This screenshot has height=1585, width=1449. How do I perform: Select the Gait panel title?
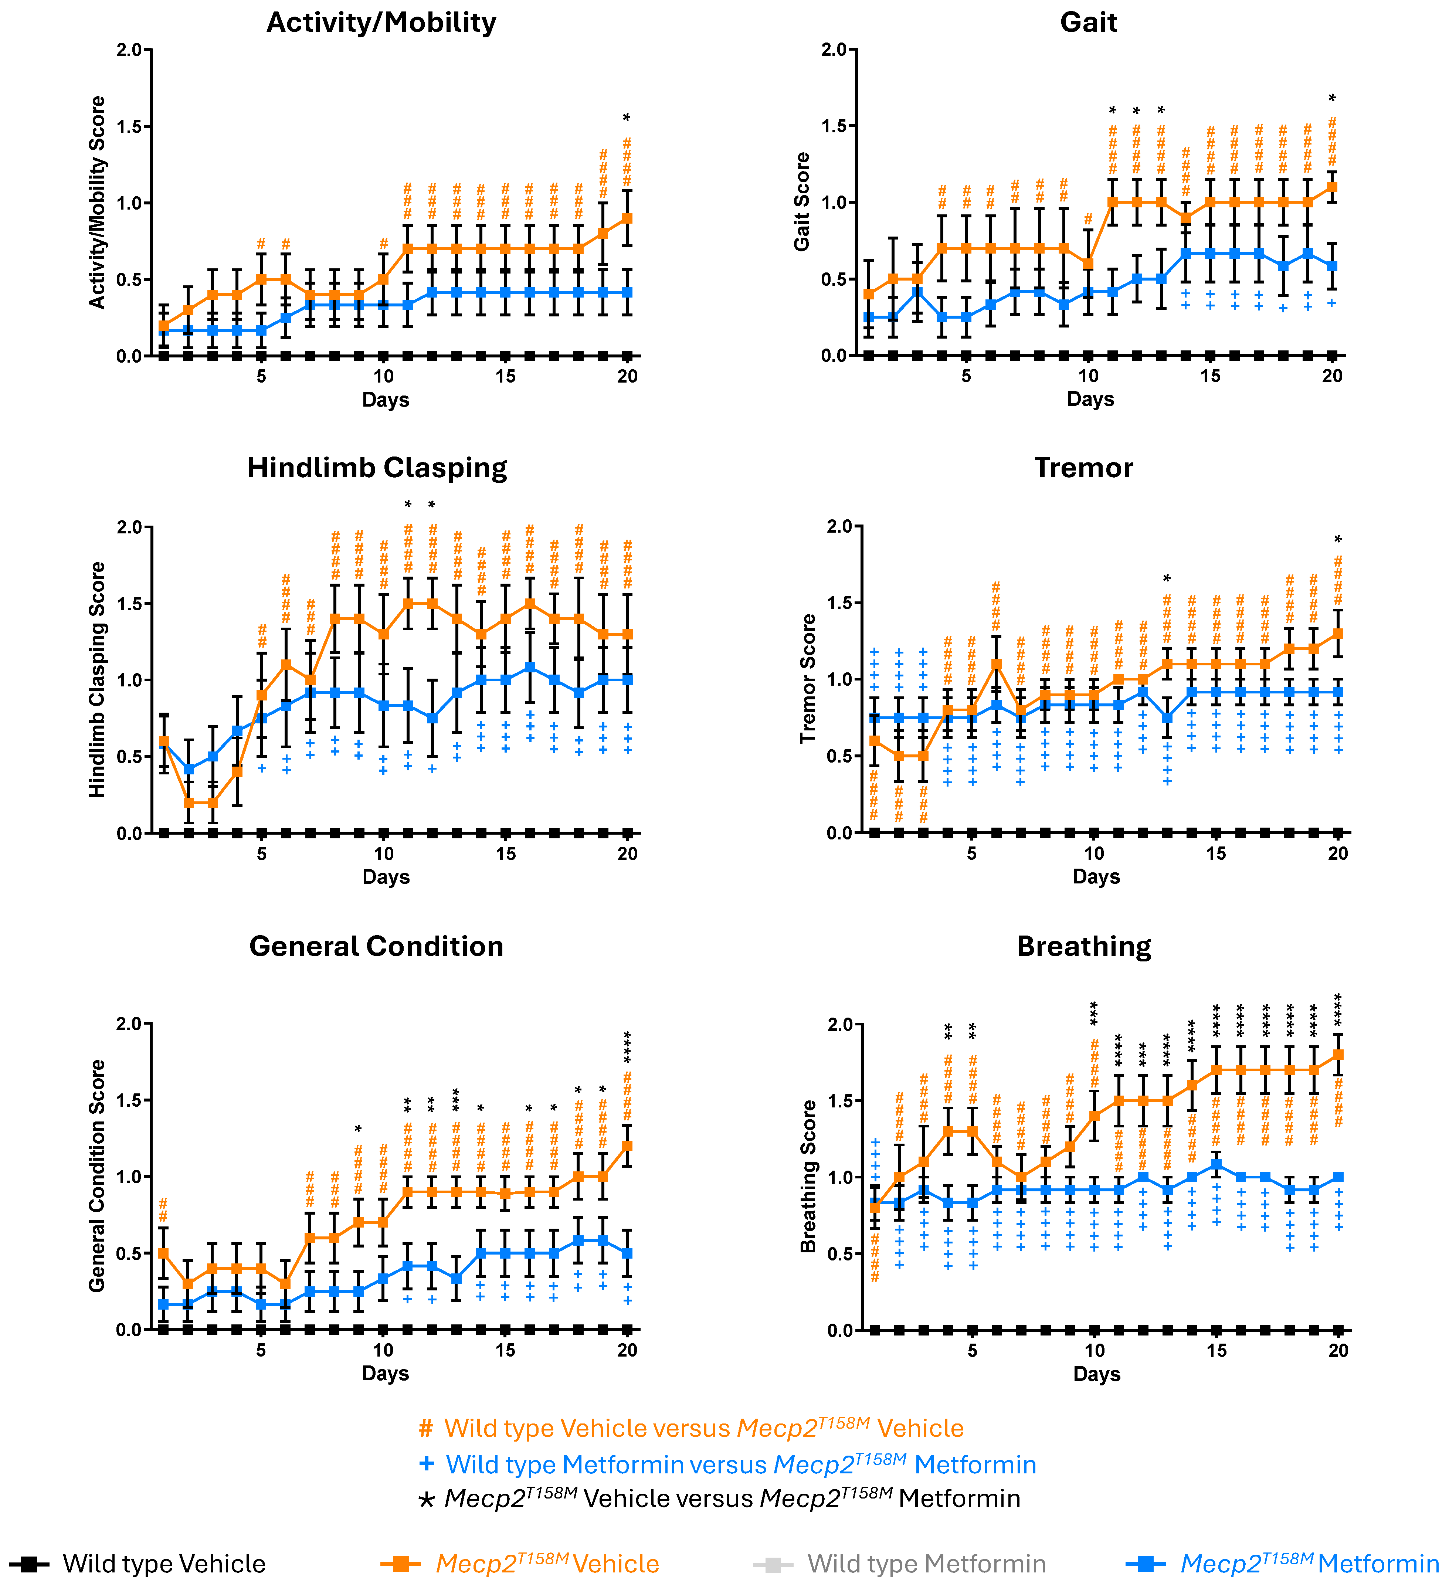pos(1088,22)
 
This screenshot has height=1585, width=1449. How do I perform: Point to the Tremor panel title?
pos(1083,468)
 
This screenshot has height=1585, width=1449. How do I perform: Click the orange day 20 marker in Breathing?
pos(1338,1054)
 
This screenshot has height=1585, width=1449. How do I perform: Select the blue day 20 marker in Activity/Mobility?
pos(627,292)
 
